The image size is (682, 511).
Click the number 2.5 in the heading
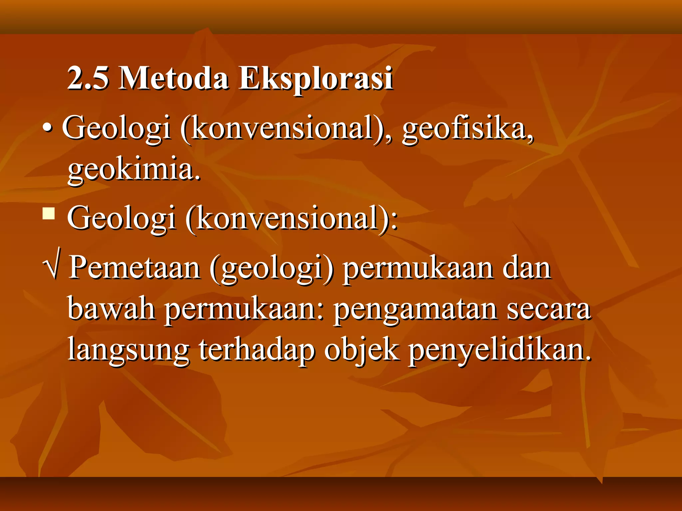pos(88,78)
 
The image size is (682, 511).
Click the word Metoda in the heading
pos(173,78)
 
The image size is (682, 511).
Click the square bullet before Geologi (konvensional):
pos(49,214)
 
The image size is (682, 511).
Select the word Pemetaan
pos(135,268)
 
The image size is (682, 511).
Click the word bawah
pos(111,309)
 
